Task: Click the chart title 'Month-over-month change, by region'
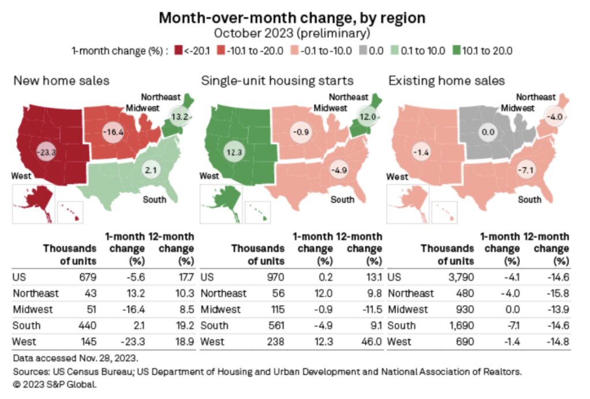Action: pyautogui.click(x=292, y=18)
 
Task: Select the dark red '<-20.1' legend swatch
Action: pyautogui.click(x=179, y=50)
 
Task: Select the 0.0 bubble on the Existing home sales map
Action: pyautogui.click(x=488, y=132)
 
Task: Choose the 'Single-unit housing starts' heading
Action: pyautogui.click(x=277, y=81)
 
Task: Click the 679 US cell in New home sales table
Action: pyautogui.click(x=87, y=276)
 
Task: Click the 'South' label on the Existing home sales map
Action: pyautogui.click(x=529, y=199)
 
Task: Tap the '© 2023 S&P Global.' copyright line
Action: pyautogui.click(x=54, y=384)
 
